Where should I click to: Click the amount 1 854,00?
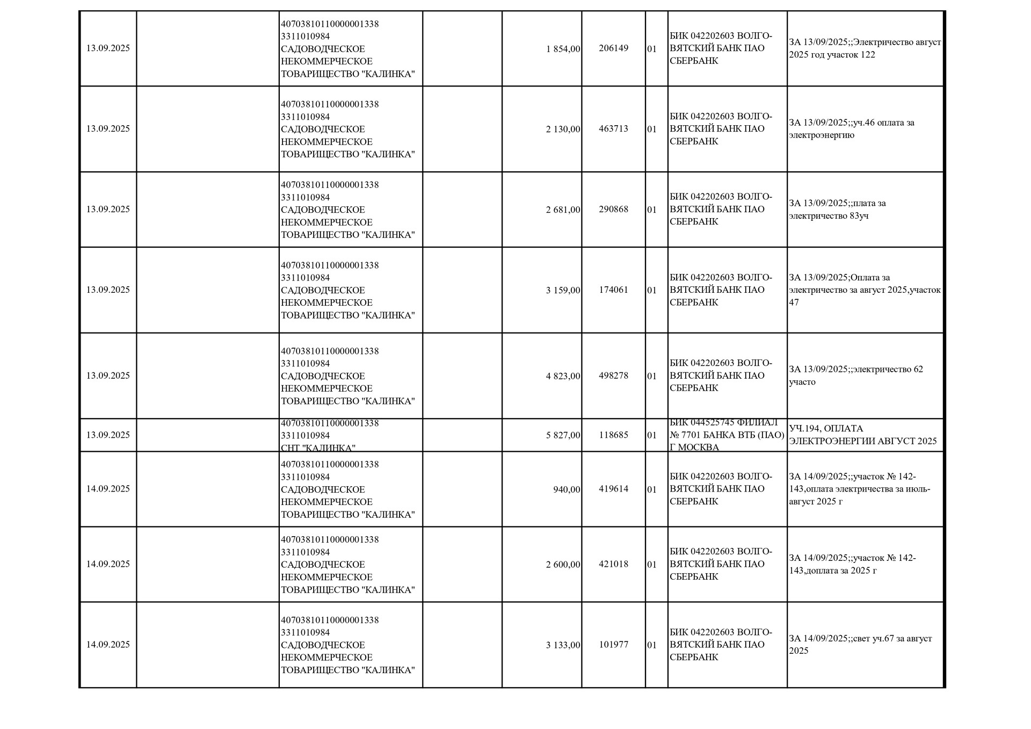tap(563, 49)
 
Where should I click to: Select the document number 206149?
tap(613, 48)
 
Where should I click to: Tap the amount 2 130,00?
tap(563, 129)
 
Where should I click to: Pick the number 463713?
tap(613, 129)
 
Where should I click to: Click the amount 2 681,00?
tap(563, 210)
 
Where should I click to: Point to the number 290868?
tap(613, 210)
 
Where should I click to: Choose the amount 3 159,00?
tap(563, 290)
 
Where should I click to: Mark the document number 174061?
tap(613, 290)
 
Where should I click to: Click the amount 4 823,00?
tap(563, 376)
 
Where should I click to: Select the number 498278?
tap(613, 376)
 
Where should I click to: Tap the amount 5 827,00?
tap(563, 435)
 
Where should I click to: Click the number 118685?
tap(613, 435)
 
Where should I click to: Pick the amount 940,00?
tap(567, 489)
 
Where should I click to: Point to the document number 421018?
tap(613, 564)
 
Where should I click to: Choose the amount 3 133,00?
tap(563, 645)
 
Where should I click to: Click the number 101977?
tap(613, 645)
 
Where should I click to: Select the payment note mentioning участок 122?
tap(865, 48)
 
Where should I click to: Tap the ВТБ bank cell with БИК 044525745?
tap(727, 435)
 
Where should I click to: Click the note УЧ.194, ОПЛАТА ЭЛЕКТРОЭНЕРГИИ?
tap(862, 435)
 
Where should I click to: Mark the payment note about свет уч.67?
tap(860, 645)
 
